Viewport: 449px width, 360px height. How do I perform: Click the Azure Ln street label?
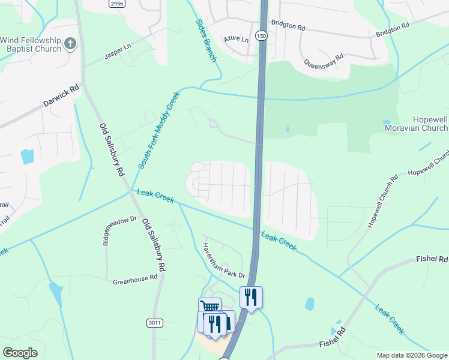click(x=237, y=39)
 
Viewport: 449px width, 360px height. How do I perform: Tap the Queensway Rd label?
click(x=324, y=61)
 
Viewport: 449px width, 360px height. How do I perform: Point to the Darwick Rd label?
click(x=61, y=95)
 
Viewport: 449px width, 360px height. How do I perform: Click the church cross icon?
click(x=70, y=44)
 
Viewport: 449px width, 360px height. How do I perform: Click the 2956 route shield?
click(x=117, y=4)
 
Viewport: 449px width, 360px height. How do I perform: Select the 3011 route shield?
click(x=154, y=323)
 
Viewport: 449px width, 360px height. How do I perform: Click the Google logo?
click(x=20, y=353)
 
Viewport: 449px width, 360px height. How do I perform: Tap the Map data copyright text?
click(x=411, y=355)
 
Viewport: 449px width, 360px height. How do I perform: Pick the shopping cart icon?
click(x=209, y=307)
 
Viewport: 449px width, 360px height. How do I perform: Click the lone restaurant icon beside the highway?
click(x=251, y=296)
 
